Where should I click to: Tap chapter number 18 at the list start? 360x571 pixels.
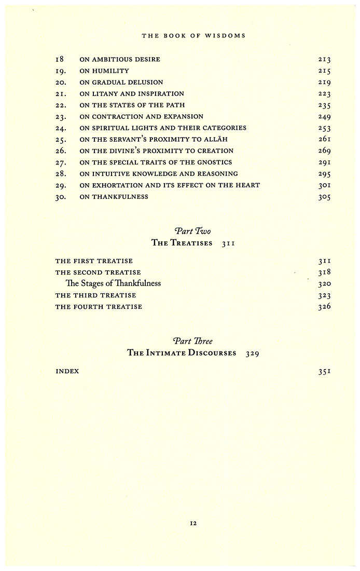60,60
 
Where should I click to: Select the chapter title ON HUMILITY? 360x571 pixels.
104,71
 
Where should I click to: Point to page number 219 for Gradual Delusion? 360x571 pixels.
325,83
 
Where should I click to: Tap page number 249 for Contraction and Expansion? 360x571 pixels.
325,117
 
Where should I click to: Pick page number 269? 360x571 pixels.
325,151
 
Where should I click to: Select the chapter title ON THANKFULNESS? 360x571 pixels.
114,197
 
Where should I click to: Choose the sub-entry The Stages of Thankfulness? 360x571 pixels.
113,283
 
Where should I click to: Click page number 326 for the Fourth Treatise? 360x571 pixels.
325,307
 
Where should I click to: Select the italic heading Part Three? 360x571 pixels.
193,341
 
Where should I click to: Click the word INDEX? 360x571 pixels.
67,372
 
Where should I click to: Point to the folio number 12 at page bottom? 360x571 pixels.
193,524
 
